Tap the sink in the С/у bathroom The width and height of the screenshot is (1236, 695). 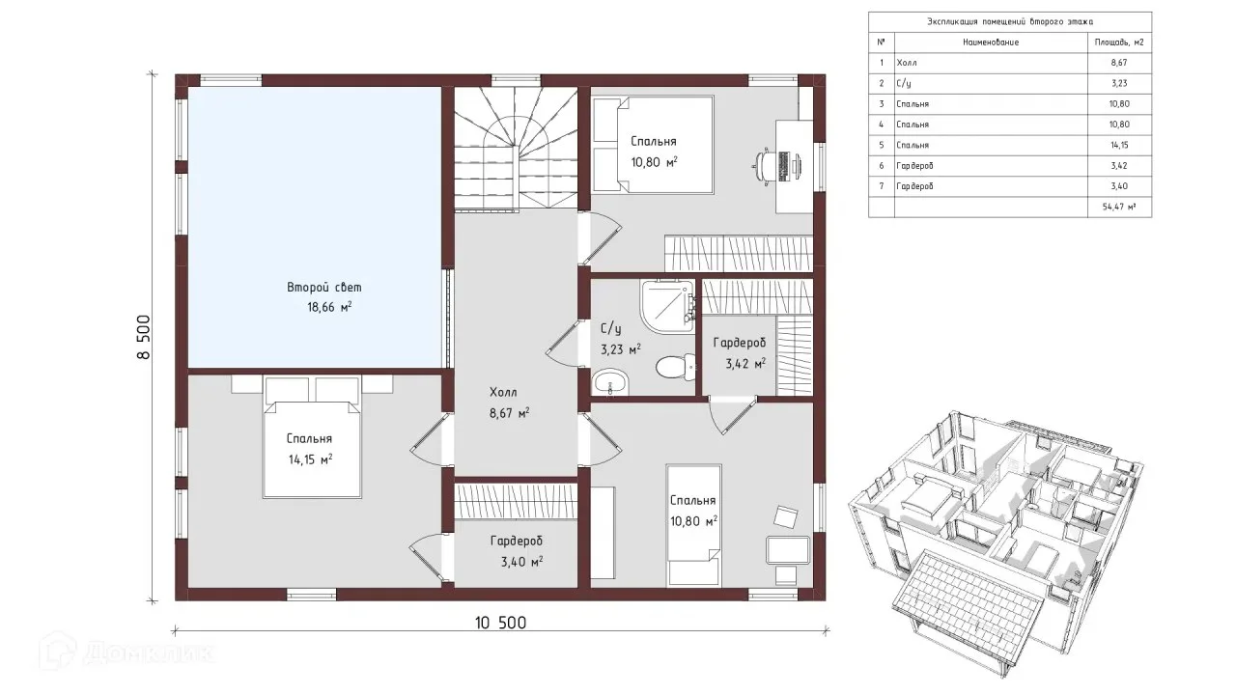[x=610, y=381]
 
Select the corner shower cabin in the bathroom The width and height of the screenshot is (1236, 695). [x=667, y=307]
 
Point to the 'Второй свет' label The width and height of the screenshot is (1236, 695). [x=324, y=288]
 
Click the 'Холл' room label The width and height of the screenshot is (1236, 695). [x=503, y=393]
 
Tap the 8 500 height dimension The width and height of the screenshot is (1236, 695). [x=144, y=337]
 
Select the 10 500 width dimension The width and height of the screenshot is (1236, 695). [x=500, y=624]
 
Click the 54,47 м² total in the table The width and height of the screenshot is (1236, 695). [x=1119, y=207]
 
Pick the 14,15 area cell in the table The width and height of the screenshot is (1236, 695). [x=1119, y=145]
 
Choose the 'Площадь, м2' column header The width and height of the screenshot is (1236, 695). [x=1119, y=42]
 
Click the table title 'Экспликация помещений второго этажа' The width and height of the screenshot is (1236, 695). [x=1010, y=21]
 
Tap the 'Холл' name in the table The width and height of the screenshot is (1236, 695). [x=907, y=63]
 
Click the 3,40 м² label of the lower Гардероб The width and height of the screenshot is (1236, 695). [x=521, y=562]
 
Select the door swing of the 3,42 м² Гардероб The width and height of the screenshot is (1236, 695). [x=732, y=415]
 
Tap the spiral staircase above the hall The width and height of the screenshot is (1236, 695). [x=516, y=149]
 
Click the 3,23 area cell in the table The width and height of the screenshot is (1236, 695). [x=1119, y=83]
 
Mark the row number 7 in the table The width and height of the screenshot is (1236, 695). [x=882, y=186]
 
